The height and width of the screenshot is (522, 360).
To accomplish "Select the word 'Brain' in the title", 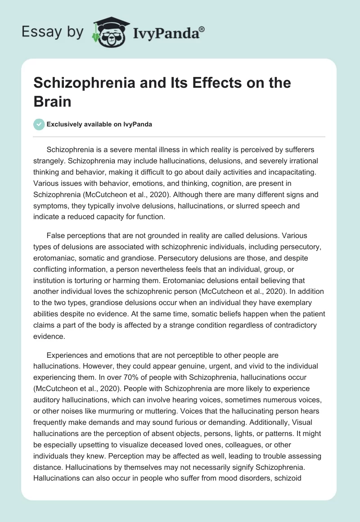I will click(x=53, y=101).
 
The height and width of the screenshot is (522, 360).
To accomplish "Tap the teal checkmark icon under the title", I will click(x=39, y=124).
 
